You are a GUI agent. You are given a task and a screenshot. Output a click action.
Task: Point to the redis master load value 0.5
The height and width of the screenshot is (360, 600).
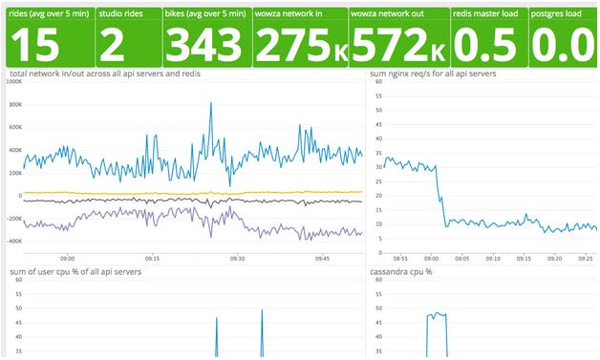pos(485,45)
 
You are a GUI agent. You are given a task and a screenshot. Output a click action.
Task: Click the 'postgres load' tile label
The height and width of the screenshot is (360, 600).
pos(557,14)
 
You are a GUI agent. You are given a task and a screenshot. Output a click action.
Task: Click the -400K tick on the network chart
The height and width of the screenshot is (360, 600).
pos(12,241)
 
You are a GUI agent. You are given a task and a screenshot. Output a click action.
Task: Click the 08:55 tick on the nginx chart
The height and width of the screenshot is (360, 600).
pos(399,258)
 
